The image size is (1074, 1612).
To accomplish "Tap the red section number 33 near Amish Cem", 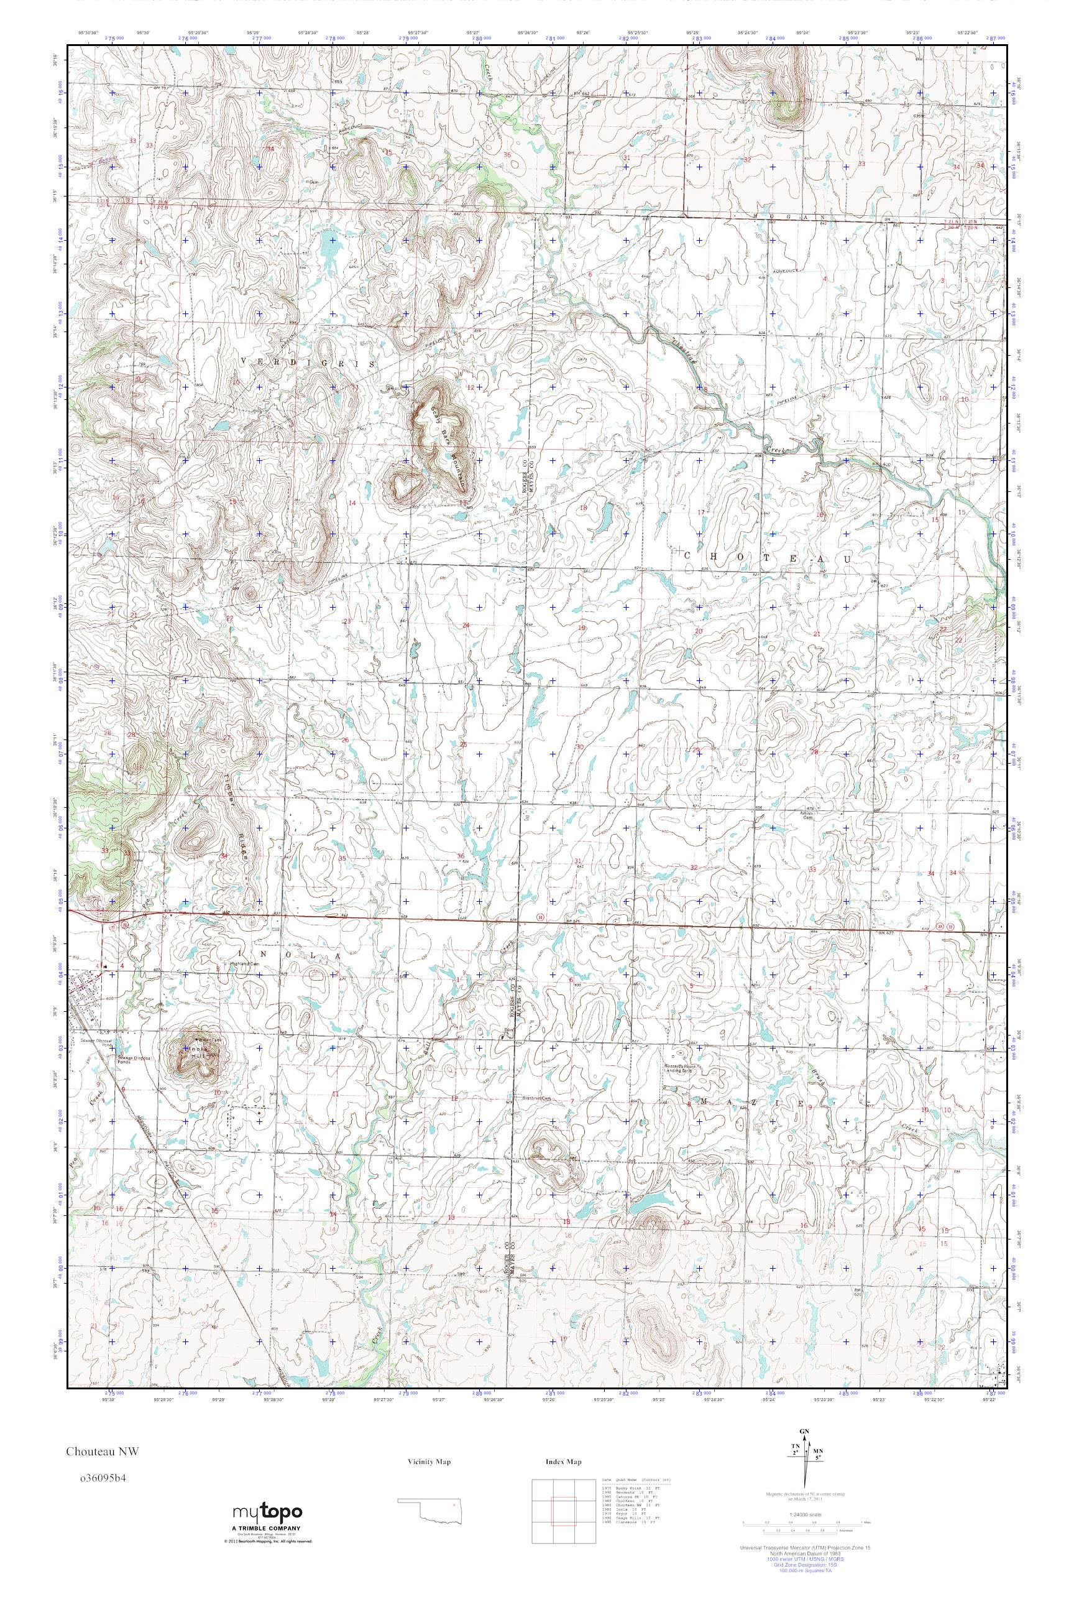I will (x=813, y=869).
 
